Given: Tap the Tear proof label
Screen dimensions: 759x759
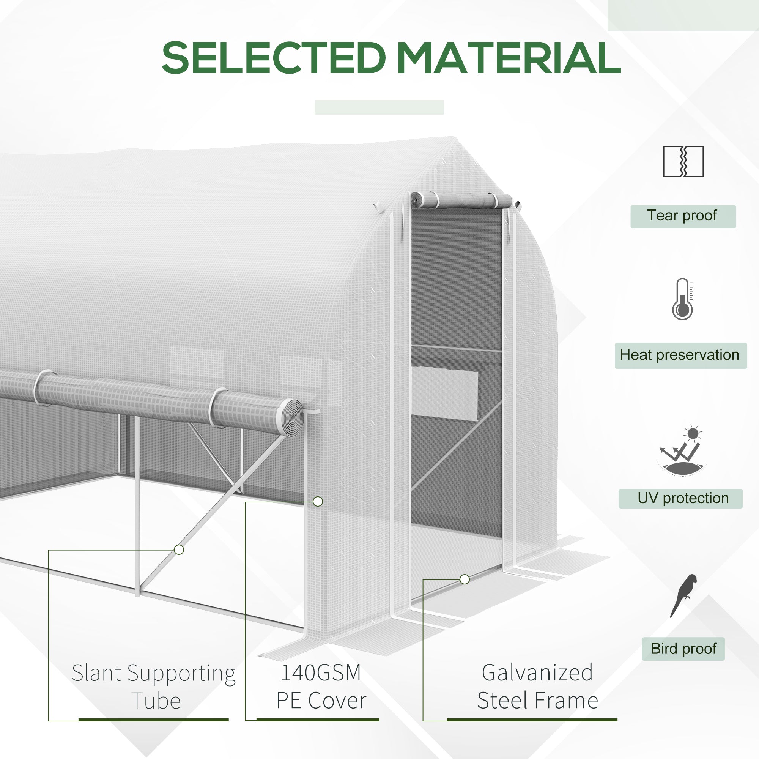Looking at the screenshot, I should click(683, 216).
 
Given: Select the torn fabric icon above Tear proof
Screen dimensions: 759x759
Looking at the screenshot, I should click(683, 161).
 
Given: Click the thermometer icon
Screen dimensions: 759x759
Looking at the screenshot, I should click(683, 299).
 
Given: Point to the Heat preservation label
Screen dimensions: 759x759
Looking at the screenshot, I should click(680, 355).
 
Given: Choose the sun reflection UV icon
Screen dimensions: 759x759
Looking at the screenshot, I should click(682, 450).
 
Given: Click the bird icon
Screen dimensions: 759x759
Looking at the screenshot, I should click(684, 595).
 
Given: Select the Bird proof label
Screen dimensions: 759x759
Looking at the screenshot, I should click(683, 649).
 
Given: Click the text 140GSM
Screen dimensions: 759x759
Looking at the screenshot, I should click(321, 672).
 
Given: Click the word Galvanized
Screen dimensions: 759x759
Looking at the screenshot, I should click(537, 672).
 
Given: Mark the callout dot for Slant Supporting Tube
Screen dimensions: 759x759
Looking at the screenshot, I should click(179, 550).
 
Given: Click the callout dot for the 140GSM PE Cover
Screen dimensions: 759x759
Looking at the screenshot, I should click(318, 502).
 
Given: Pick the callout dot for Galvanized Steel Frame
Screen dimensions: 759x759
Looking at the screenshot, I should click(465, 579).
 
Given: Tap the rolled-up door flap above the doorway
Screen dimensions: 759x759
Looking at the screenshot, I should click(461, 200).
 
